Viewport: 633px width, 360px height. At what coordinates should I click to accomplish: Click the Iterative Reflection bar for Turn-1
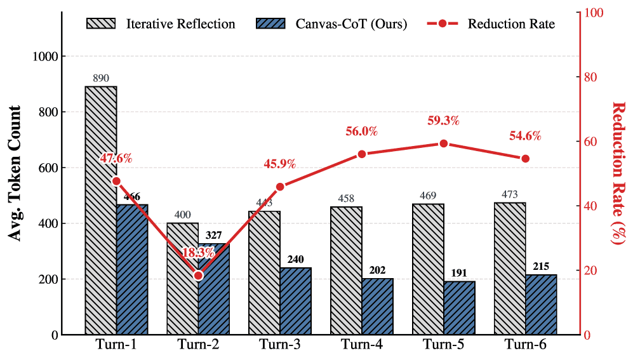point(101,210)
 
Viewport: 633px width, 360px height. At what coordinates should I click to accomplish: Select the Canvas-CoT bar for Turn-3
point(296,301)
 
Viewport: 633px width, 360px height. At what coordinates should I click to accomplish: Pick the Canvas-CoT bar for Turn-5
point(459,308)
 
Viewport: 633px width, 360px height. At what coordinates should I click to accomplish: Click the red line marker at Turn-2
point(198,276)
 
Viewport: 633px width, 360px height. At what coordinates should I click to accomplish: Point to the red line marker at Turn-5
point(443,143)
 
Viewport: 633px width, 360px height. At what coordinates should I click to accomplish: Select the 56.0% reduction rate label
point(362,131)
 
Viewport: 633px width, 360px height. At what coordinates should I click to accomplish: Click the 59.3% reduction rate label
point(443,121)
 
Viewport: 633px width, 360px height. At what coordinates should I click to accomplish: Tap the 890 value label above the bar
point(101,79)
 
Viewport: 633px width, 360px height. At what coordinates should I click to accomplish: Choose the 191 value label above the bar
point(459,274)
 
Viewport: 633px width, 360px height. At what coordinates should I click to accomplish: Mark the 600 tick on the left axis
point(48,168)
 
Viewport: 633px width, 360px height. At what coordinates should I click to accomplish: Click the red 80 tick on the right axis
point(590,77)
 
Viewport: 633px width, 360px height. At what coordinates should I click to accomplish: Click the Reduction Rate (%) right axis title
point(618,173)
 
